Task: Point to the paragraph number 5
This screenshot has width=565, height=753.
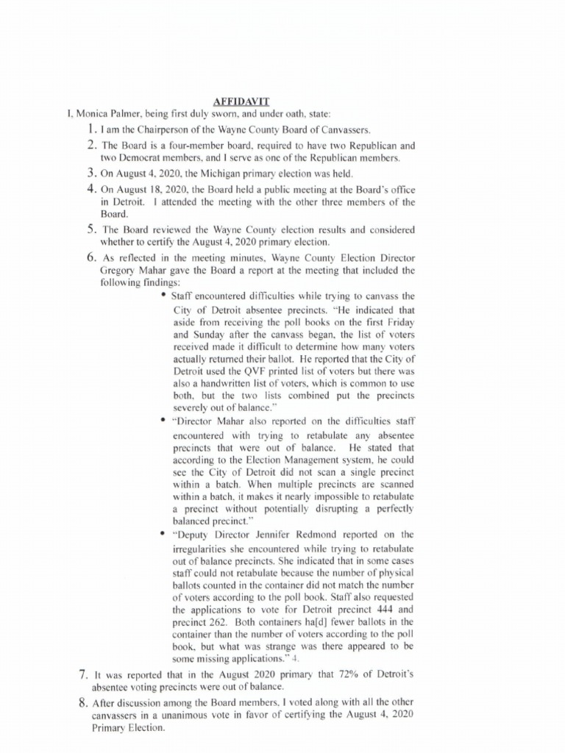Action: (92, 229)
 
